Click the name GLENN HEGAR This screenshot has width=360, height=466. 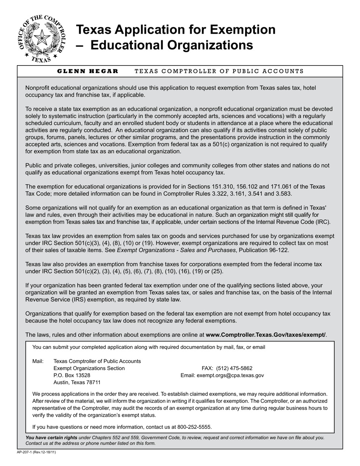pyautogui.click(x=88, y=71)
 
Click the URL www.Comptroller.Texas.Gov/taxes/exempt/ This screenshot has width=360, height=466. pyautogui.click(x=265, y=335)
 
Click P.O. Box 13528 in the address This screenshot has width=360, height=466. pyautogui.click(x=72, y=375)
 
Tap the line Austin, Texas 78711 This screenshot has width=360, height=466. pyautogui.click(x=77, y=383)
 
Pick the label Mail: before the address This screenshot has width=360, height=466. pyautogui.click(x=38, y=361)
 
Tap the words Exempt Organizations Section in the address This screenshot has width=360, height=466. pyautogui.click(x=89, y=368)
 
